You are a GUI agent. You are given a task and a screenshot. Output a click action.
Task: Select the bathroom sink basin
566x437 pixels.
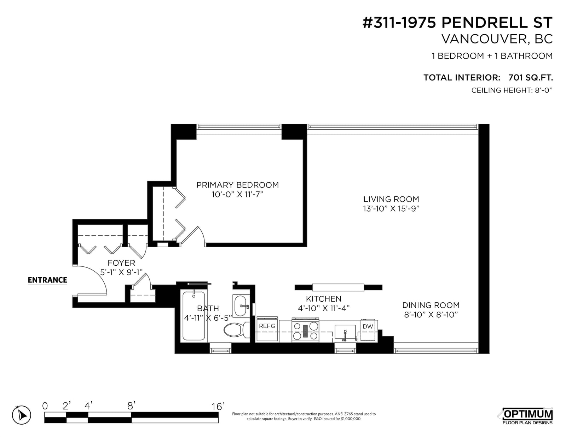click(241, 306)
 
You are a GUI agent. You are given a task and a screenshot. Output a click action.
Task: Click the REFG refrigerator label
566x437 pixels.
click(267, 326)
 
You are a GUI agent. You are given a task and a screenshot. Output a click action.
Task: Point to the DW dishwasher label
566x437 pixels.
click(368, 326)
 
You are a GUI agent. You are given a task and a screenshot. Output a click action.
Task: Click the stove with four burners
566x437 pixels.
click(306, 330)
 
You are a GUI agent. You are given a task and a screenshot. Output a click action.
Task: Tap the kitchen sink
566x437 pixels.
click(345, 332)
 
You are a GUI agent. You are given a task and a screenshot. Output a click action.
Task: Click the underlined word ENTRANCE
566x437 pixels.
click(47, 280)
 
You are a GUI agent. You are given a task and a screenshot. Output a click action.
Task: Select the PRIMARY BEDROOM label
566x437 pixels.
click(238, 185)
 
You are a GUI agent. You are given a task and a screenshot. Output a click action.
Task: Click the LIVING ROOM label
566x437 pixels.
click(391, 199)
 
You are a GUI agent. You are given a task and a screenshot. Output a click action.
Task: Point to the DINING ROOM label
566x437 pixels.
click(431, 305)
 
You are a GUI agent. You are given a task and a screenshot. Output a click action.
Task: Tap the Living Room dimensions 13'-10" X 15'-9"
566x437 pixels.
click(391, 209)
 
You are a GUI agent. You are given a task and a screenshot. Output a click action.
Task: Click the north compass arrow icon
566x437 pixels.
click(22, 415)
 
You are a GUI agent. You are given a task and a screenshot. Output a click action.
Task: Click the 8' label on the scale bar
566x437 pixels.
click(131, 406)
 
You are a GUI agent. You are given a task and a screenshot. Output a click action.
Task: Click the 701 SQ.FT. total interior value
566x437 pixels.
click(530, 77)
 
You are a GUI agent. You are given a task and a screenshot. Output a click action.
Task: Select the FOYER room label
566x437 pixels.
click(121, 263)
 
